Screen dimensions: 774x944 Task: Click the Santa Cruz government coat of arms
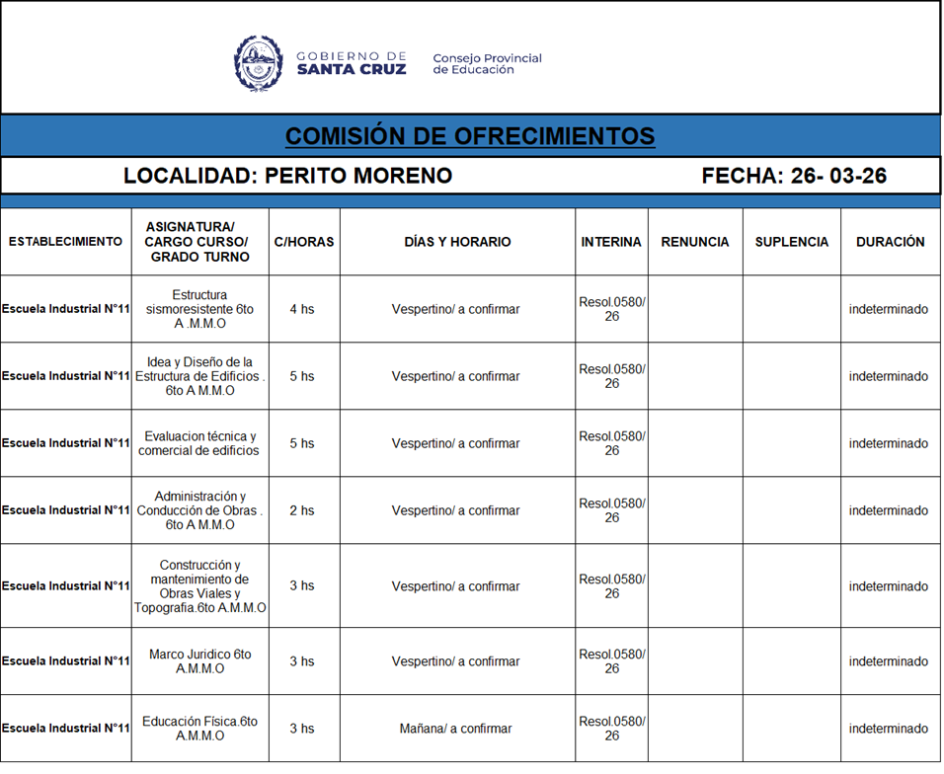(259, 63)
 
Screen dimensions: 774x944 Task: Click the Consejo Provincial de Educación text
(487, 64)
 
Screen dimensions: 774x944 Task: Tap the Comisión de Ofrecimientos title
(470, 136)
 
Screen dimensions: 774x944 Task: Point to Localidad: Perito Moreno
(287, 176)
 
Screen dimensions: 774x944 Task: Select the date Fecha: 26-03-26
(794, 176)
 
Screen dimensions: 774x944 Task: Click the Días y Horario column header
(457, 242)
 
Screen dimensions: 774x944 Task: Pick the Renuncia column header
(695, 242)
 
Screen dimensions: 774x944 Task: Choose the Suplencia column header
(791, 242)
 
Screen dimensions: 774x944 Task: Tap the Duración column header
(890, 242)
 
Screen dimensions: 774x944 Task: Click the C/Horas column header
(304, 242)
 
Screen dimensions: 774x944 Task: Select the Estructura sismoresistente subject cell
(199, 309)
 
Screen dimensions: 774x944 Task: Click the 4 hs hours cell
(302, 309)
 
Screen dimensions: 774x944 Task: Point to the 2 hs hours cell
(302, 510)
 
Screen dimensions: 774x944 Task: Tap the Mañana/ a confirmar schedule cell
(455, 729)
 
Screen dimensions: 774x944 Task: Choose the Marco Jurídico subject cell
(199, 661)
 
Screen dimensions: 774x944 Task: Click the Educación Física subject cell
(199, 729)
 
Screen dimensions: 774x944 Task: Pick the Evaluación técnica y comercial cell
(199, 443)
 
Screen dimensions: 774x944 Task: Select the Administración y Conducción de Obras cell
(199, 510)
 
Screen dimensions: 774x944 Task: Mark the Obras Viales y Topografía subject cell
(199, 586)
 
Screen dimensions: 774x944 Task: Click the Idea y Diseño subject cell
(199, 376)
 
